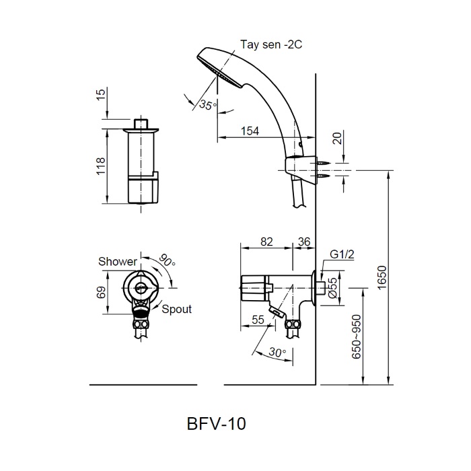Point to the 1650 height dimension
pos(382,278)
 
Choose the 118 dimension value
pos(100,166)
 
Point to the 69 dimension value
pos(100,291)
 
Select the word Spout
pos(177,310)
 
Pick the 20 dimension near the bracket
pos(336,139)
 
